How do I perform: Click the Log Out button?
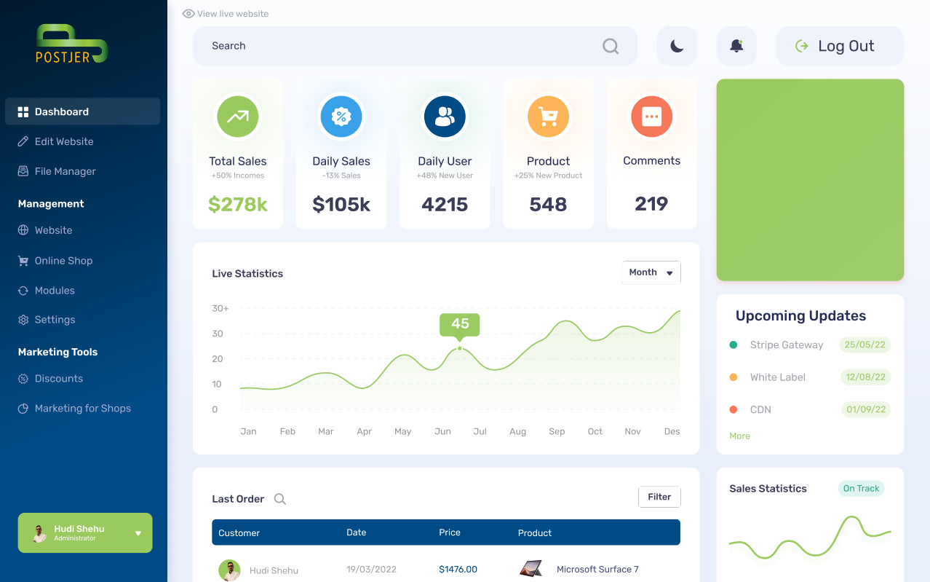[839, 46]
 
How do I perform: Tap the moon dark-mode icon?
[677, 46]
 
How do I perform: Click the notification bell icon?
[736, 46]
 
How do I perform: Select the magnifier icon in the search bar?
[611, 47]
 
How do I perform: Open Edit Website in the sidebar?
[64, 141]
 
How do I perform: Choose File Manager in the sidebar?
[65, 171]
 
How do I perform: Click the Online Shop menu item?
[63, 261]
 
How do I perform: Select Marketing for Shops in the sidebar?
[82, 409]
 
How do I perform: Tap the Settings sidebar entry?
[55, 320]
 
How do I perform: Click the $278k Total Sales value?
[238, 205]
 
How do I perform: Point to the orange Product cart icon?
[548, 117]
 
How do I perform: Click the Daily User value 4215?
[445, 205]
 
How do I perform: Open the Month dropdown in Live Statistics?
[651, 272]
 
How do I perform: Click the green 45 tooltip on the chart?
[460, 324]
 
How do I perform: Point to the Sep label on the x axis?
[557, 431]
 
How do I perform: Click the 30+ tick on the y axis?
[220, 309]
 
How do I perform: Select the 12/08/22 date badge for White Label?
[865, 377]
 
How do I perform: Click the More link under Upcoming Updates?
[739, 436]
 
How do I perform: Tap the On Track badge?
[861, 489]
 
